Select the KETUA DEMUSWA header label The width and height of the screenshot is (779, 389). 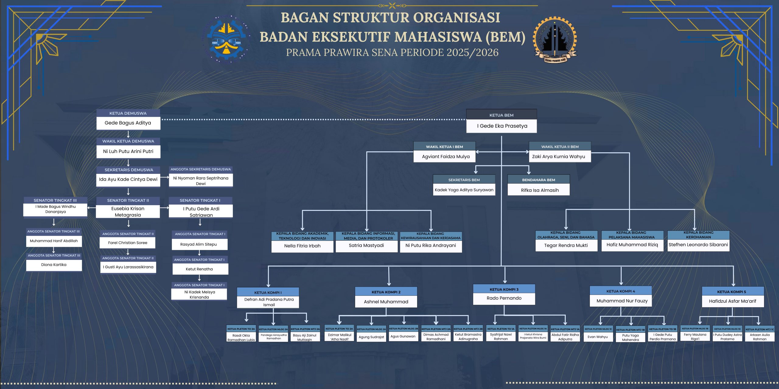[x=128, y=113]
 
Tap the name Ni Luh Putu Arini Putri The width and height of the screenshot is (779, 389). [x=128, y=151]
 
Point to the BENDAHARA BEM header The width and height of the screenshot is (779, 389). [x=539, y=180]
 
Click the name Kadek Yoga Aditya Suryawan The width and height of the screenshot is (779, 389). [x=464, y=190]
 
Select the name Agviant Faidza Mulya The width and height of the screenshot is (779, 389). [x=446, y=157]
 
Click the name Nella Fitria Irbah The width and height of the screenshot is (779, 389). [x=302, y=246]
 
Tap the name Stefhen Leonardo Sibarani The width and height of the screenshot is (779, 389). [x=698, y=245]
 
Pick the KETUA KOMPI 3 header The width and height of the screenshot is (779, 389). [x=504, y=289]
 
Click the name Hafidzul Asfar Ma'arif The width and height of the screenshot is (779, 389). [x=732, y=301]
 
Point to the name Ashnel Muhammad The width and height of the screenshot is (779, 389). [x=386, y=302]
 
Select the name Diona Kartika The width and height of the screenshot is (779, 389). [x=54, y=265]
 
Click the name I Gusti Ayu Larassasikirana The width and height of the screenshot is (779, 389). [x=128, y=267]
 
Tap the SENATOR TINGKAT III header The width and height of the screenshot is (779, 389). [x=55, y=201]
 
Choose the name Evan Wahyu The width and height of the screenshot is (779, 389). [x=598, y=337]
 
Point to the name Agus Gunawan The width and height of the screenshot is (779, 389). [x=403, y=336]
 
